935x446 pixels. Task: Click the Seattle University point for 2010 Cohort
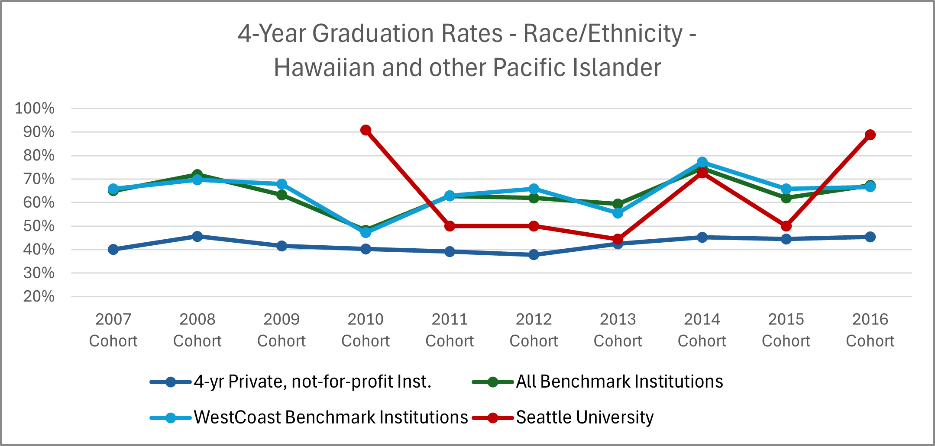pyautogui.click(x=366, y=130)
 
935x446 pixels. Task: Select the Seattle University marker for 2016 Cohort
pyautogui.click(x=870, y=135)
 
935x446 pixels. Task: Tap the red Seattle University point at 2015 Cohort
pyautogui.click(x=786, y=226)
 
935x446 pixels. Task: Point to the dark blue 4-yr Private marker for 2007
pyautogui.click(x=113, y=250)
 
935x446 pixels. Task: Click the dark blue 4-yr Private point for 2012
pyautogui.click(x=534, y=255)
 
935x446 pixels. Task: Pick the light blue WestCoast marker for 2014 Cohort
pyautogui.click(x=702, y=162)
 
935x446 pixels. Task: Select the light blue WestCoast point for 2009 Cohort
pyautogui.click(x=281, y=184)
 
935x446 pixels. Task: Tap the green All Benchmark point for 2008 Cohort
pyautogui.click(x=197, y=174)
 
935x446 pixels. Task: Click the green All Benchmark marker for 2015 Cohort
pyautogui.click(x=786, y=198)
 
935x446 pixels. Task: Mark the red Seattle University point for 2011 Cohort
pyautogui.click(x=450, y=226)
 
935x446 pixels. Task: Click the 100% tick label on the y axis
pyautogui.click(x=35, y=108)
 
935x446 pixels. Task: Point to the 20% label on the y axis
pyautogui.click(x=39, y=297)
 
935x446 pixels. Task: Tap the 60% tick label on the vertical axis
pyautogui.click(x=39, y=202)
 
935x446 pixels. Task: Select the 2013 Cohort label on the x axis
pyautogui.click(x=618, y=330)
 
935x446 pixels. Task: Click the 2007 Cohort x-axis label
pyautogui.click(x=113, y=330)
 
